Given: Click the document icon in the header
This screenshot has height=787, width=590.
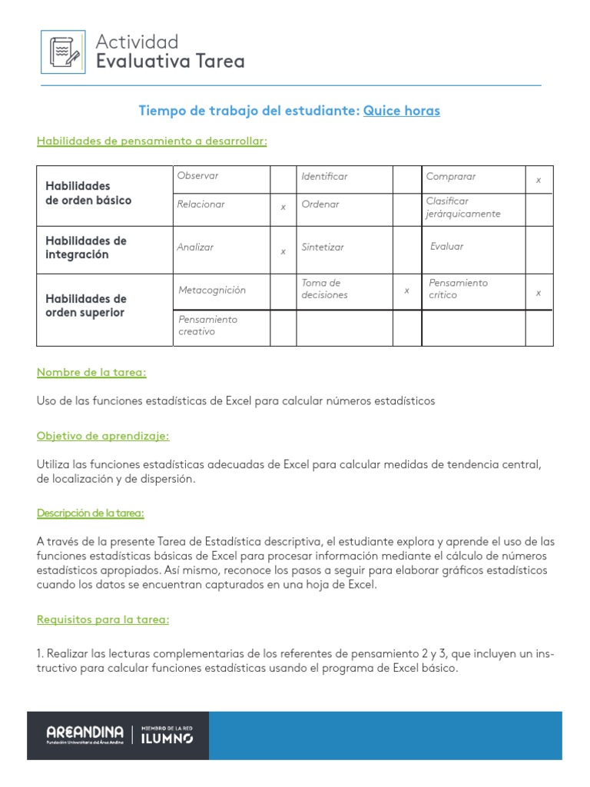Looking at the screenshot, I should pyautogui.click(x=63, y=51).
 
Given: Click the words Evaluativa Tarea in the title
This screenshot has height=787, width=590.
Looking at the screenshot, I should pyautogui.click(x=170, y=61).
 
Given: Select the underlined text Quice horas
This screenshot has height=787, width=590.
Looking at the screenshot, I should pyautogui.click(x=402, y=111).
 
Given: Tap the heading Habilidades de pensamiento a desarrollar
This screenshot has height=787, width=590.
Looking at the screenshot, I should pyautogui.click(x=151, y=141).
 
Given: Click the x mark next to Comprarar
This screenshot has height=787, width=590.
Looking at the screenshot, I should pyautogui.click(x=539, y=180).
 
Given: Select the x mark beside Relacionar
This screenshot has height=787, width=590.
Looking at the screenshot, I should pyautogui.click(x=283, y=208).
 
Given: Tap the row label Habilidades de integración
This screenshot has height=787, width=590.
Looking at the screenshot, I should pyautogui.click(x=86, y=247).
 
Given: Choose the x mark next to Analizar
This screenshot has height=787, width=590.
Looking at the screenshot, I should pyautogui.click(x=283, y=251).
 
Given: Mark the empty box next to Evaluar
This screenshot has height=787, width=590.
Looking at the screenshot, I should pyautogui.click(x=539, y=250).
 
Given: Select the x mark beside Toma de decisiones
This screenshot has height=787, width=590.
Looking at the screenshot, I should pyautogui.click(x=407, y=291).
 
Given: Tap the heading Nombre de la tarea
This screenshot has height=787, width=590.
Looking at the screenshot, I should pyautogui.click(x=91, y=373).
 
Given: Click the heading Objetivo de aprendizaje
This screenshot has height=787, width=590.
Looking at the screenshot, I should pyautogui.click(x=103, y=436).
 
